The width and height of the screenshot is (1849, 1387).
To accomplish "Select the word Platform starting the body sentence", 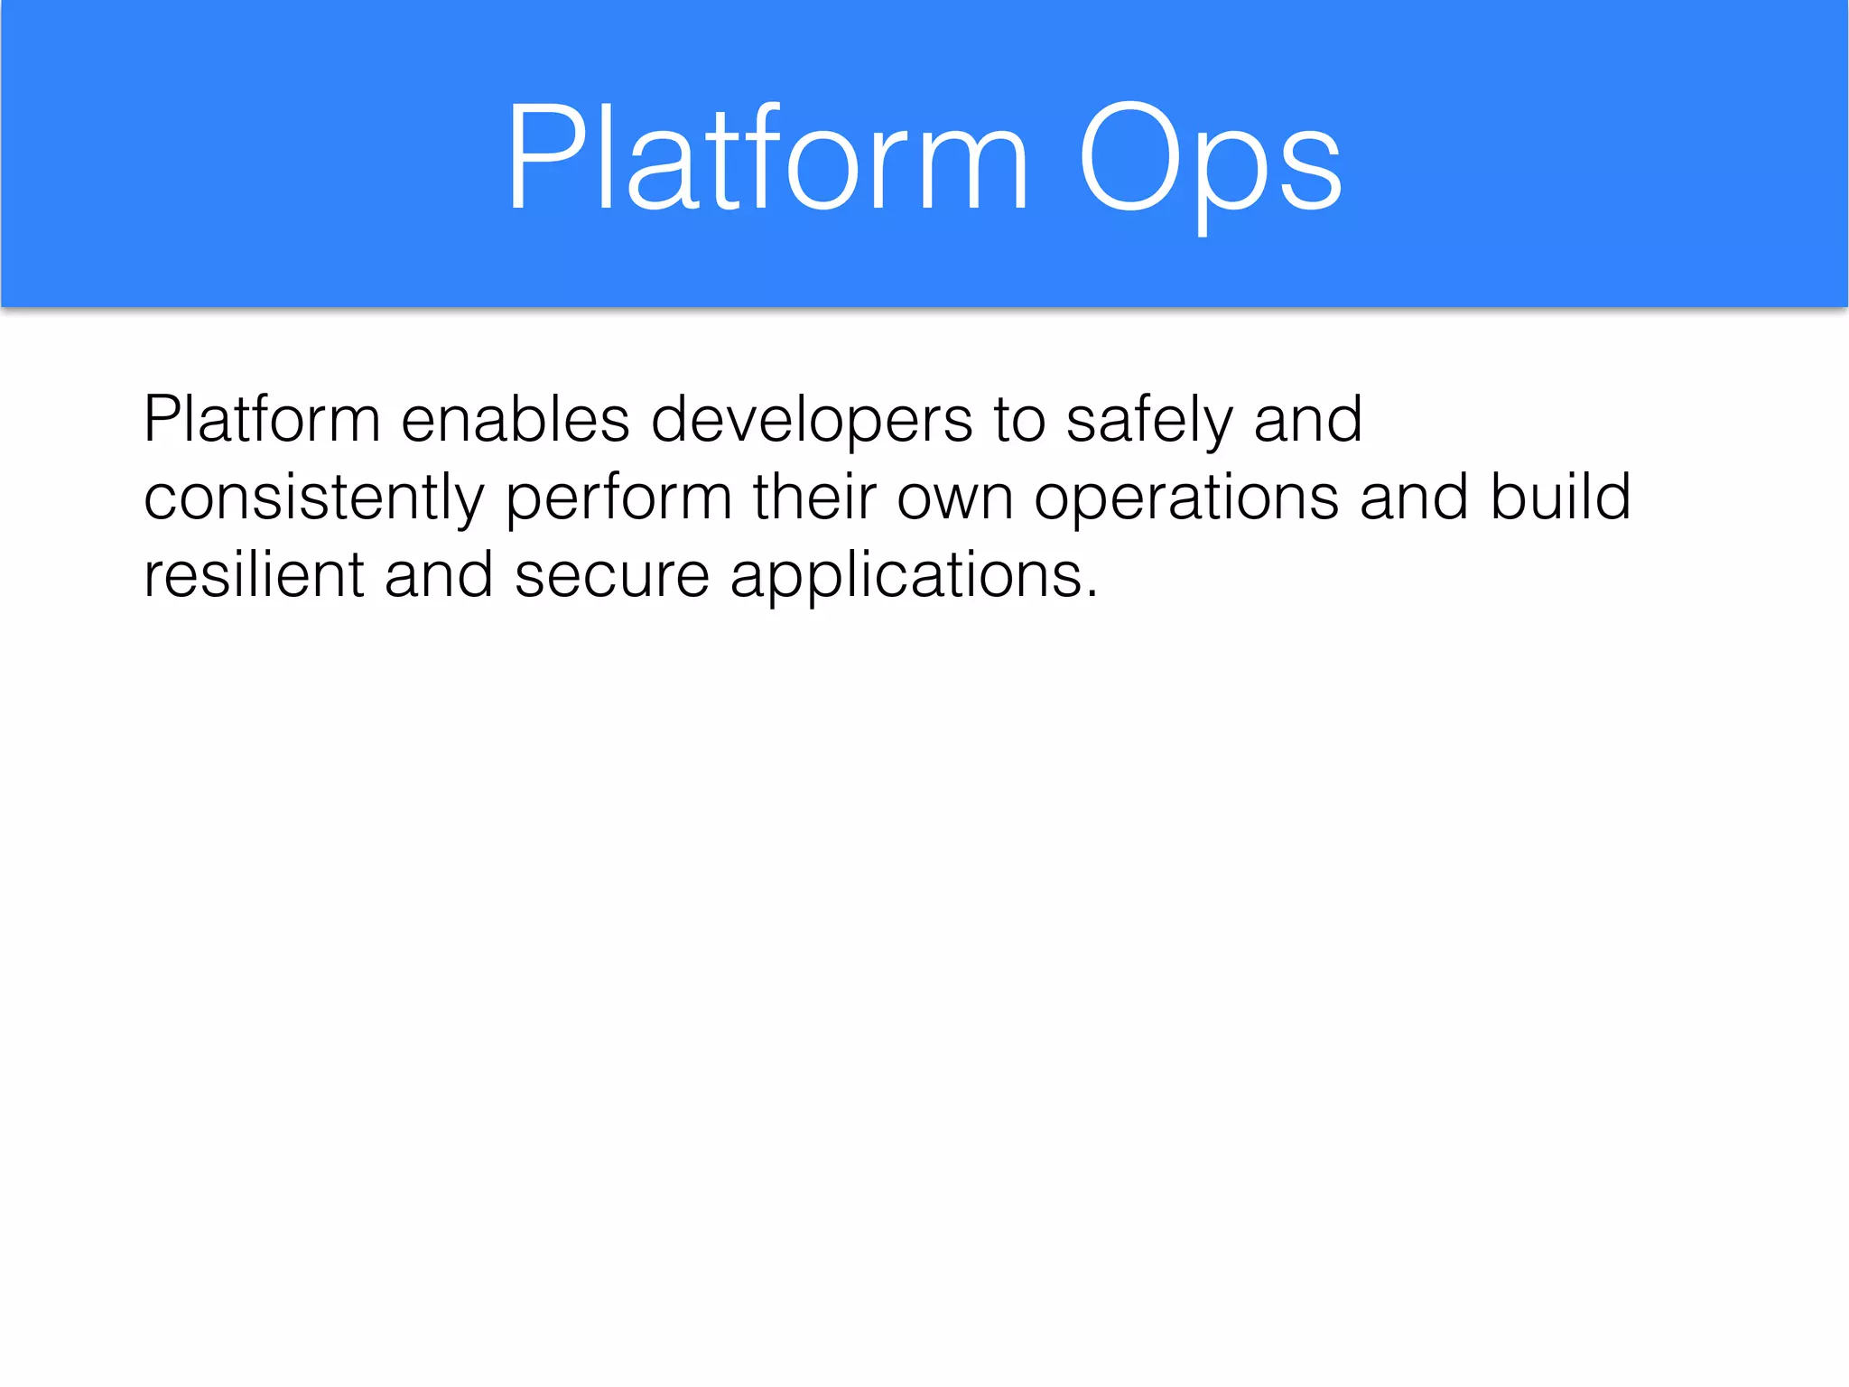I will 262,420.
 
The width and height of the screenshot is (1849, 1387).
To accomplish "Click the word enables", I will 515,420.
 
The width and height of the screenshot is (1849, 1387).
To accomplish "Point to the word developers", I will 811,420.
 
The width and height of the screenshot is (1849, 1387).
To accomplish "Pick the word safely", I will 1148,420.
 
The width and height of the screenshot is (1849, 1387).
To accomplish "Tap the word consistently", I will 313,498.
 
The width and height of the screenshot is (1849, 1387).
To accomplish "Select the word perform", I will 618,498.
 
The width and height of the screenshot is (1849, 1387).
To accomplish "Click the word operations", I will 1185,498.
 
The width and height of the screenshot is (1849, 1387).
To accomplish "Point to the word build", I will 1560,498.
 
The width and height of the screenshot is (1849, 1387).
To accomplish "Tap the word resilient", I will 254,575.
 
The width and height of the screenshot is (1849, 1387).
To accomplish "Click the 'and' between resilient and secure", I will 439,575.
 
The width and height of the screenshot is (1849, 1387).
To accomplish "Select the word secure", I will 611,575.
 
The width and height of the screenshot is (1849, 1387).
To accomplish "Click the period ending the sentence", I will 1092,594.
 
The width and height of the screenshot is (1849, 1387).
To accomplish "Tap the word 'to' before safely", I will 1018,420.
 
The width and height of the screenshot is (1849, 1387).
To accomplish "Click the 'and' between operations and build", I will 1414,498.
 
